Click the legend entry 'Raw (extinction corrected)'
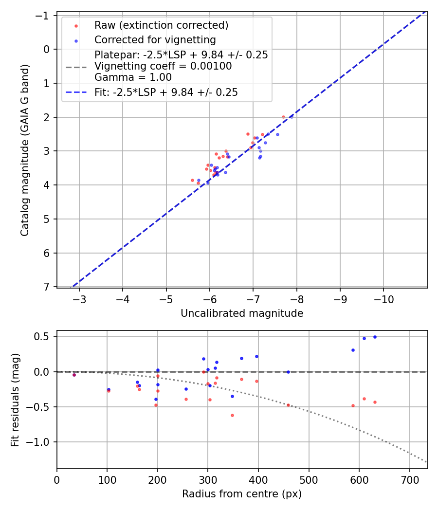point(161,25)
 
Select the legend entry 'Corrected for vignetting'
point(155,39)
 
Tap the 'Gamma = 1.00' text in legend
point(133,77)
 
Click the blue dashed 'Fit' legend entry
point(166,92)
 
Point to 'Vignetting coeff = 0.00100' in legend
point(163,66)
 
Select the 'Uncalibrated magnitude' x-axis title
point(242,313)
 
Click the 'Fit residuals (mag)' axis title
point(15,400)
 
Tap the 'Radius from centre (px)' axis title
point(242,494)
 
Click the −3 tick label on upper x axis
point(79,298)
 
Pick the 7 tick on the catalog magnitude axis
point(47,287)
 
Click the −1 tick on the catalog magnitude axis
point(44,16)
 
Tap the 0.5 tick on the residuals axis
point(44,337)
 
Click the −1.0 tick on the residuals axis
point(41,442)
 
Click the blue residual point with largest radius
point(375,337)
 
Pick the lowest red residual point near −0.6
point(232,415)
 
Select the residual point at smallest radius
point(74,375)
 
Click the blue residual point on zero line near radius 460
point(288,372)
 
